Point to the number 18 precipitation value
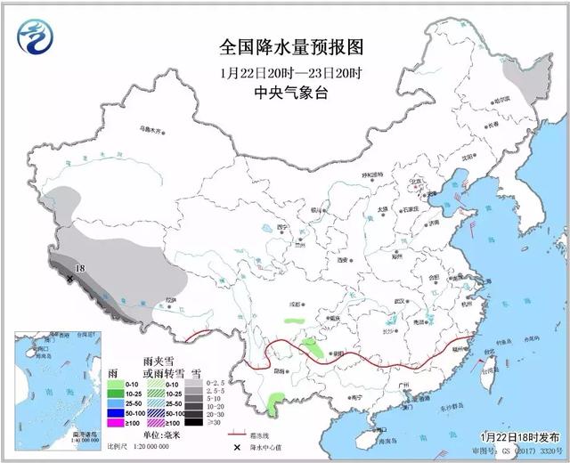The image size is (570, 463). [x=79, y=267]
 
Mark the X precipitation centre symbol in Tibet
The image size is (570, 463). [x=69, y=279]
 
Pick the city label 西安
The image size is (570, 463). [x=342, y=260]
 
